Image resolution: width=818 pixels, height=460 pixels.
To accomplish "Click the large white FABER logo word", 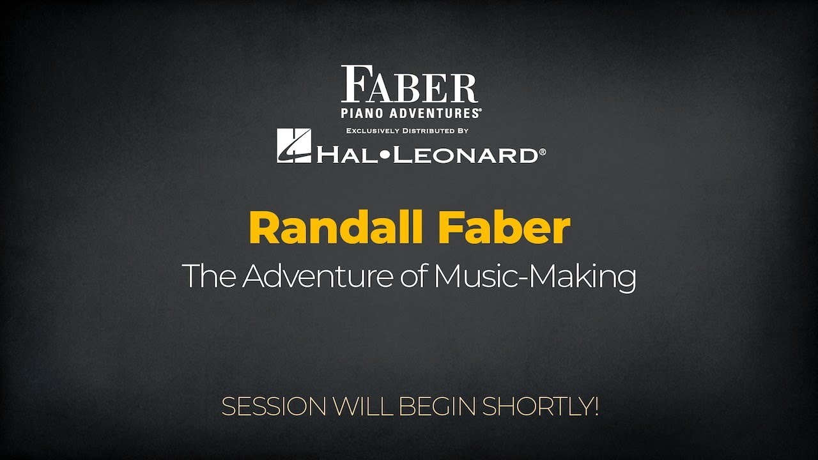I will coord(409,85).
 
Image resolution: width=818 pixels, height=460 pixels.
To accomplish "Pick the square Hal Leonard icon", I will coord(293,146).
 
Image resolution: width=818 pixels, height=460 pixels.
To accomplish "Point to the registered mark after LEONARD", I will coord(543,152).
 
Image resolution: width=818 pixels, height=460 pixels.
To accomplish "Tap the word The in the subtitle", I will coord(208,277).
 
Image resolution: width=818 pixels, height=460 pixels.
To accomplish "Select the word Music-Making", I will coord(534,277).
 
